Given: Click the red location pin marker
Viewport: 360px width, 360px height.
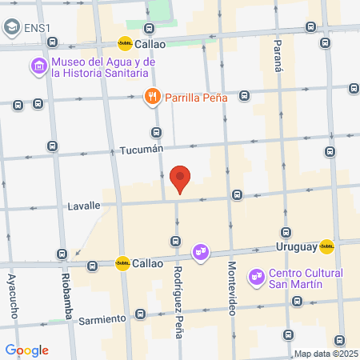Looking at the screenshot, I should [x=181, y=180].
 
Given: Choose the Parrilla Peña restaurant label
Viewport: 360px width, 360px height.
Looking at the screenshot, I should [x=197, y=98].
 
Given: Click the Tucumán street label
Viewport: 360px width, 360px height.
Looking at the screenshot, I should [x=141, y=150].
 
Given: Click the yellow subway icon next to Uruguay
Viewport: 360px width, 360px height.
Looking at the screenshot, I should [x=327, y=246].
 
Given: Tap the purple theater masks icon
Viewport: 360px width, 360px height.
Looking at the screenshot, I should [x=200, y=254].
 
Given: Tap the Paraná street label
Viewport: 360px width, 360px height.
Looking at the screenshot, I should [x=278, y=57].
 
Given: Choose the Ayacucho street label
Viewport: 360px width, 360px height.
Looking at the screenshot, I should [x=12, y=296].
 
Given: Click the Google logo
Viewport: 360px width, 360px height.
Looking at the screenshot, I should [x=27, y=350].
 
